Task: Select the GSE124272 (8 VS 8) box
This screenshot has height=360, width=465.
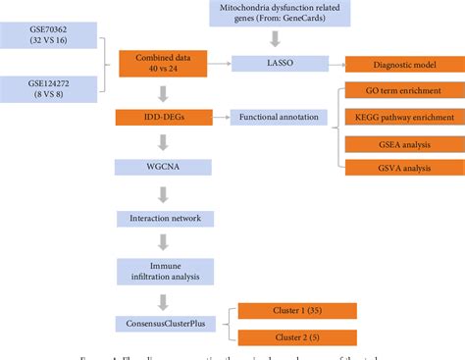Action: pos(49,91)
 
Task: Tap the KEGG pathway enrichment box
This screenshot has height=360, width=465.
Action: pos(402,119)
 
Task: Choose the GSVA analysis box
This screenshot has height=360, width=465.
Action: pos(402,167)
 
